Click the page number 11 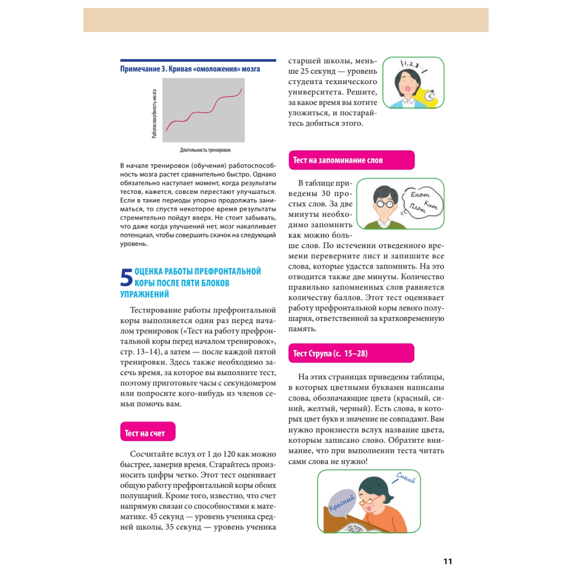point(448,561)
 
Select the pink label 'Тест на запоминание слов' point(338,161)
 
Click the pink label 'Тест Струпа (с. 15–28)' point(331,353)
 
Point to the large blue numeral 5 point(126,279)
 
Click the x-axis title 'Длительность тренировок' point(205,150)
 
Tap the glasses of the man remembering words point(383,203)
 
